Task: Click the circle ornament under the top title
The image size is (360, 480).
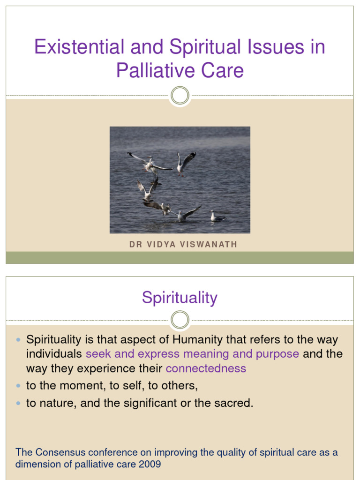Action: [x=180, y=96]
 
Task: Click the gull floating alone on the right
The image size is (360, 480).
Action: [x=217, y=217]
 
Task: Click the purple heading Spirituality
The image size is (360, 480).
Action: [x=180, y=298]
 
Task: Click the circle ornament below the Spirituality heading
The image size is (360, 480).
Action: [x=180, y=320]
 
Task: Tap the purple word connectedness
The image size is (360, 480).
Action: [x=206, y=368]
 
